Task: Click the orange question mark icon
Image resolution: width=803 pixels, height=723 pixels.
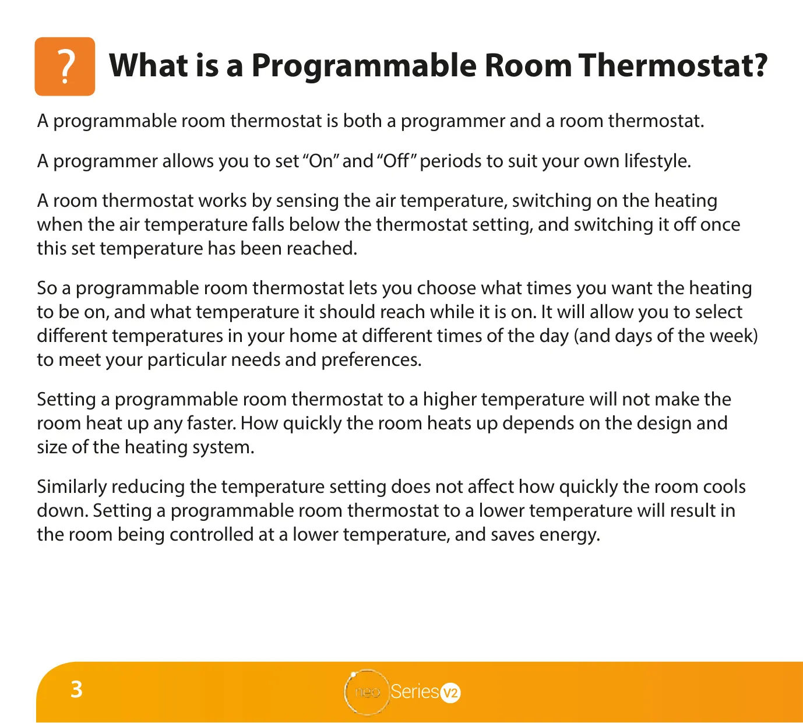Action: pyautogui.click(x=65, y=66)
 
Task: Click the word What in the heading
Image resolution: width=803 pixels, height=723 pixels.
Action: pyautogui.click(x=149, y=65)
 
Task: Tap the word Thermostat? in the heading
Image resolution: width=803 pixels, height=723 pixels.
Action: pyautogui.click(x=673, y=65)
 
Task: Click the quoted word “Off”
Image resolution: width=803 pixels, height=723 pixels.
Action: pyautogui.click(x=396, y=161)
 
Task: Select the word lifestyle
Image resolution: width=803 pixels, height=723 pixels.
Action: pyautogui.click(x=657, y=161)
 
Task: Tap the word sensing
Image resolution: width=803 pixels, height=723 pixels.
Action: pyautogui.click(x=308, y=201)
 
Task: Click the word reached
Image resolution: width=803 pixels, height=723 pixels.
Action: pyautogui.click(x=322, y=249)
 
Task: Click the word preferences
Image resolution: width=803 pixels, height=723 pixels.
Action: pyautogui.click(x=371, y=360)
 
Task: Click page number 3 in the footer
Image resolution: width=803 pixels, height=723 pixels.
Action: pyautogui.click(x=76, y=689)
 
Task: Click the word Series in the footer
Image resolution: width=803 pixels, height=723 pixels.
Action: pyautogui.click(x=415, y=692)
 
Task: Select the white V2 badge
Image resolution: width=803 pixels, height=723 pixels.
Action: pyautogui.click(x=450, y=693)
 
